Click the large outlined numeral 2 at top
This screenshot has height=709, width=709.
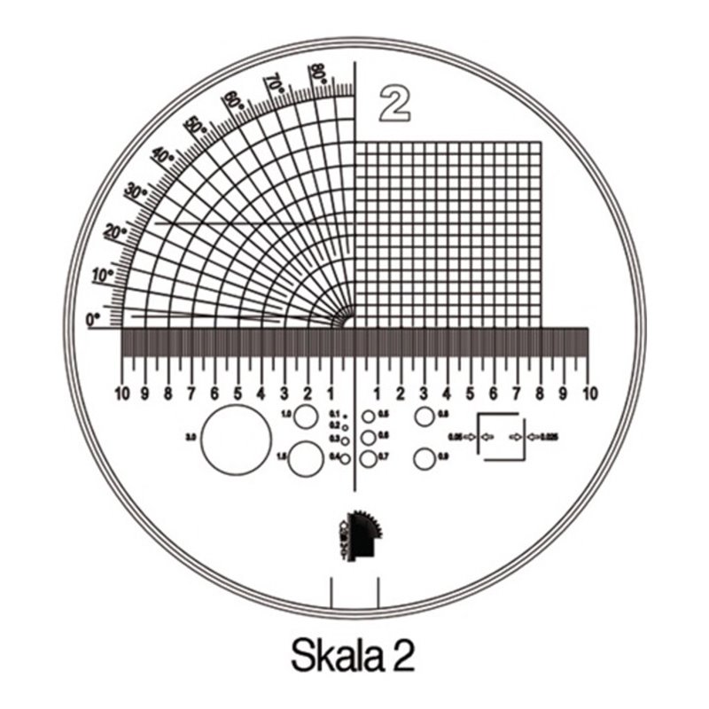click(x=394, y=103)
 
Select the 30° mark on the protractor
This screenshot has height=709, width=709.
click(x=136, y=191)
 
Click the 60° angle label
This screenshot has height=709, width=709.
click(x=233, y=100)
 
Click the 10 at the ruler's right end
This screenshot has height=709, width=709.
click(x=587, y=393)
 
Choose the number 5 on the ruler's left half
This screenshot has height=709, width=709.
click(x=238, y=393)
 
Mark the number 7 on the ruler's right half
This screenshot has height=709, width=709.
click(x=517, y=393)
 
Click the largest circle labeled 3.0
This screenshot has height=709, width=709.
click(x=236, y=439)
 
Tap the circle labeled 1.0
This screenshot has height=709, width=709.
click(x=306, y=416)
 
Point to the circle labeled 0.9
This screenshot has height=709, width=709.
click(x=424, y=458)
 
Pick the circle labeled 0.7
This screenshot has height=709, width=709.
click(x=368, y=457)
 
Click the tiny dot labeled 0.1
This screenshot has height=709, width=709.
click(x=346, y=415)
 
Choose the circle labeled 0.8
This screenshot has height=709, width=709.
click(x=424, y=416)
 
